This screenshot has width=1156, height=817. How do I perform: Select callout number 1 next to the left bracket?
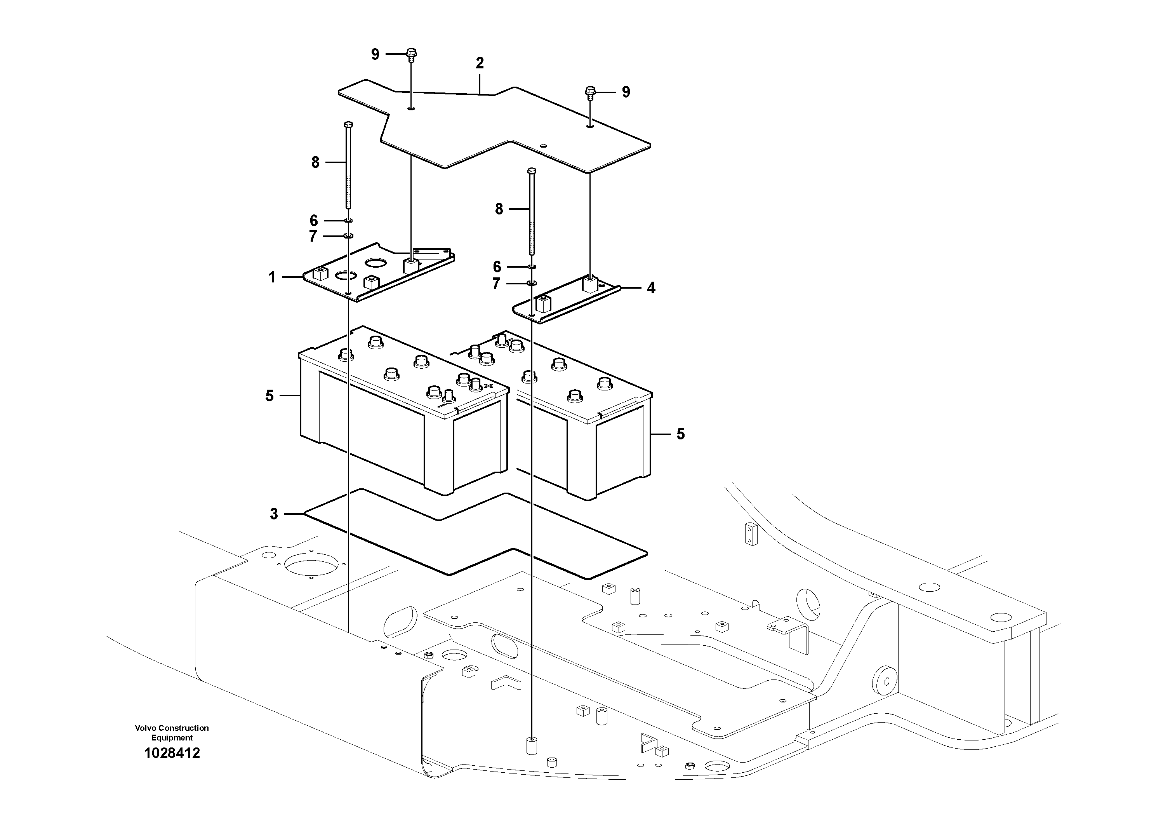click(272, 277)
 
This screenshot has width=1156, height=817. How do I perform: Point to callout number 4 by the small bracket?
click(651, 288)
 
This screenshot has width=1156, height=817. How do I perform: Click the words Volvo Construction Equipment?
click(172, 732)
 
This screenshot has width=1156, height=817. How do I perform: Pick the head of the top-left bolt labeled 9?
click(411, 52)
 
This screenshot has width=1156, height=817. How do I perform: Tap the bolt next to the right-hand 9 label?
click(590, 92)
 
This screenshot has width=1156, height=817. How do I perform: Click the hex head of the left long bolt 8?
click(348, 124)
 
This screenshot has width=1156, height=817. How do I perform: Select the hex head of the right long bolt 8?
click(532, 171)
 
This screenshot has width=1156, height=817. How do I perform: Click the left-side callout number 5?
click(270, 396)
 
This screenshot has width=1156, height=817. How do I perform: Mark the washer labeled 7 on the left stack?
click(348, 236)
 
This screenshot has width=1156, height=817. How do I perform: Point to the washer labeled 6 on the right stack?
click(532, 267)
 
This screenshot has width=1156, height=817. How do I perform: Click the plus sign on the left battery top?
click(487, 386)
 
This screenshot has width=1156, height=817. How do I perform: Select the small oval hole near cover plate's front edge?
click(543, 146)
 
